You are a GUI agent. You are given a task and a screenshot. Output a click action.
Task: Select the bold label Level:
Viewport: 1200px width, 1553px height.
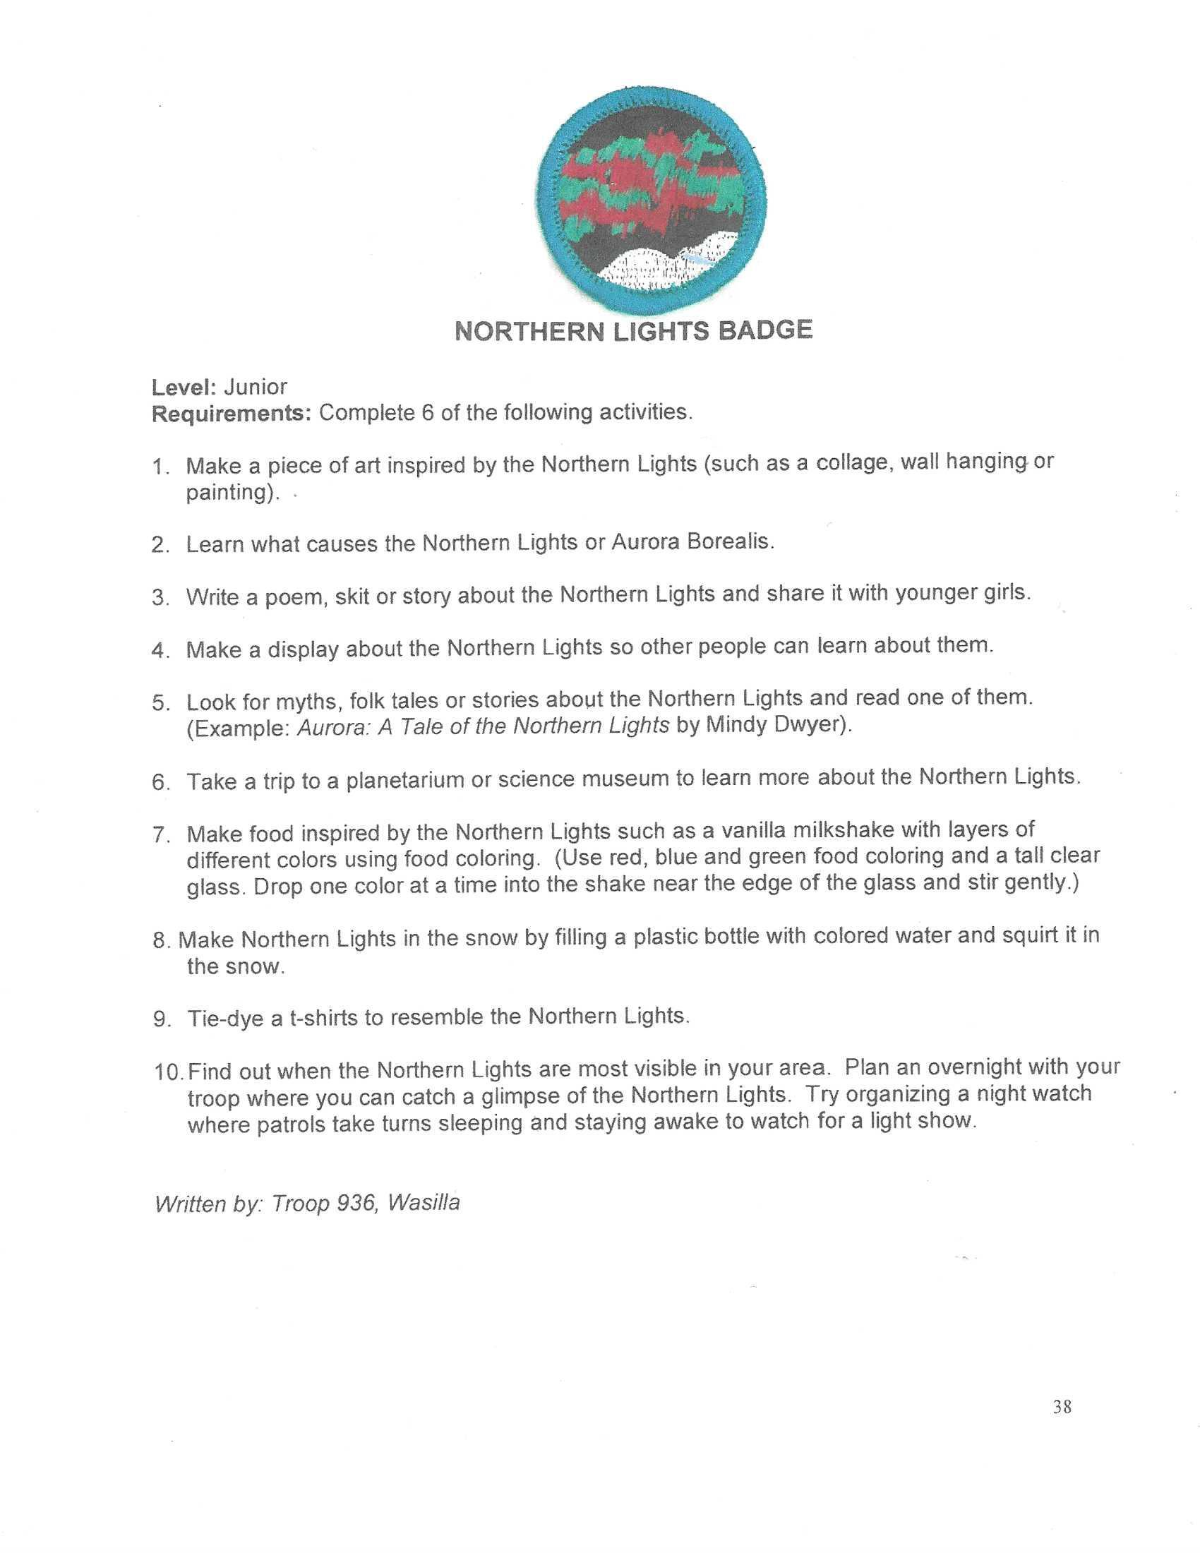pyautogui.click(x=184, y=388)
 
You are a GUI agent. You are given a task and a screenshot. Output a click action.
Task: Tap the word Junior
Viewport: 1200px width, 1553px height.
pyautogui.click(x=256, y=387)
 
